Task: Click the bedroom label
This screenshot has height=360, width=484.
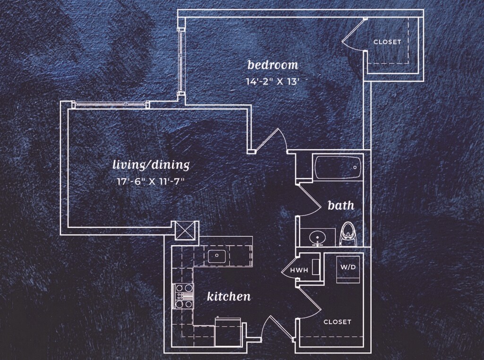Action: pos(273,65)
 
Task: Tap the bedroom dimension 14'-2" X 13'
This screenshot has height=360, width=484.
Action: pos(272,81)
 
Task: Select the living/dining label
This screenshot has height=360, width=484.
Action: pos(151,165)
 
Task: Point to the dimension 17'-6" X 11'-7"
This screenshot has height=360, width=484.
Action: pos(151,180)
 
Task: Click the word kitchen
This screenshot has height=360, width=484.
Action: pos(229,297)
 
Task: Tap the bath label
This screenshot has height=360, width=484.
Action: pos(341,206)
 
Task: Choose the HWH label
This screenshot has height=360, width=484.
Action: pos(299,271)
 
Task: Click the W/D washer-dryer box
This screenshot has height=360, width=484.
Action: pos(349,268)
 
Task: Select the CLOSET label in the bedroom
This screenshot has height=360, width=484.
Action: pos(387,42)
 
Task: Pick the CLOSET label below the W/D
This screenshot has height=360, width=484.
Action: pos(337,322)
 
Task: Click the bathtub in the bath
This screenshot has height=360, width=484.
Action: pos(337,168)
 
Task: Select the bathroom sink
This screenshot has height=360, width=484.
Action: pos(317,236)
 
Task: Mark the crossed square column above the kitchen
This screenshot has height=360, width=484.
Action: pos(185,231)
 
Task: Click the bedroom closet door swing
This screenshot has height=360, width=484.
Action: pos(354,35)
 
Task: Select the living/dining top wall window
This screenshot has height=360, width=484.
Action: pos(112,104)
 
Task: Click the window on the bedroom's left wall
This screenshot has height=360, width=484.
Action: pos(180,60)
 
